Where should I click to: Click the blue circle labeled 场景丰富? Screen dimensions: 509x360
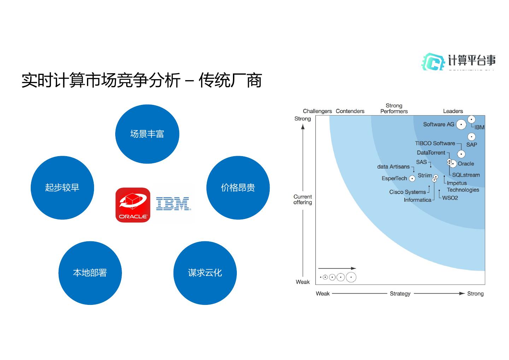pyautogui.click(x=147, y=134)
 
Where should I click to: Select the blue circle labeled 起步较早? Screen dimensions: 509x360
pyautogui.click(x=62, y=188)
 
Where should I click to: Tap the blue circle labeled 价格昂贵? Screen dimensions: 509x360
pyautogui.click(x=238, y=188)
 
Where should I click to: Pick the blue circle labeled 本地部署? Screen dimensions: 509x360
pyautogui.click(x=90, y=273)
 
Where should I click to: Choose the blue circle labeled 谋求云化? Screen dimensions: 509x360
pyautogui.click(x=205, y=273)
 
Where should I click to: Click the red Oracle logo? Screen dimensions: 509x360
pyautogui.click(x=133, y=205)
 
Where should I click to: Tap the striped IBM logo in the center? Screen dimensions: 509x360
pyautogui.click(x=172, y=204)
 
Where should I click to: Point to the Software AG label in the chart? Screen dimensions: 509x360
pyautogui.click(x=439, y=124)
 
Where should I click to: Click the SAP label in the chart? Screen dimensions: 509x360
pyautogui.click(x=472, y=144)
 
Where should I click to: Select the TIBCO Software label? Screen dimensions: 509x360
pyautogui.click(x=435, y=143)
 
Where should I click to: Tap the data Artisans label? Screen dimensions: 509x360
pyautogui.click(x=393, y=167)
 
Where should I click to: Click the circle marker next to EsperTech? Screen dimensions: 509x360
pyautogui.click(x=412, y=179)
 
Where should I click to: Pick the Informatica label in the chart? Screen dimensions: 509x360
pyautogui.click(x=417, y=200)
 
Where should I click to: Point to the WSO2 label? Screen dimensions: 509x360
pyautogui.click(x=450, y=198)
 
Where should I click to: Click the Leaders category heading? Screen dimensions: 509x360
pyautogui.click(x=453, y=111)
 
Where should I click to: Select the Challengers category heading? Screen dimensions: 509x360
pyautogui.click(x=317, y=111)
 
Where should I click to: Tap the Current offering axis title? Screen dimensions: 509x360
pyautogui.click(x=303, y=200)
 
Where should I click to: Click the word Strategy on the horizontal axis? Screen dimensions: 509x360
pyautogui.click(x=400, y=294)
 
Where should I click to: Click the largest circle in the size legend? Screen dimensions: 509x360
pyautogui.click(x=351, y=277)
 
